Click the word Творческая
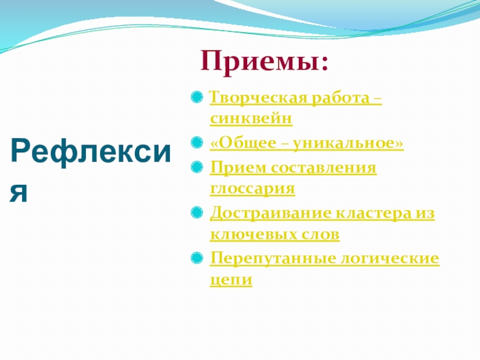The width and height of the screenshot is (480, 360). pos(259,98)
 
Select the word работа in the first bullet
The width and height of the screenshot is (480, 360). pos(340,98)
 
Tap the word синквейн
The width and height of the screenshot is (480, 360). pos(251,118)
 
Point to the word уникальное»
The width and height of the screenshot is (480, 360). pos(349,143)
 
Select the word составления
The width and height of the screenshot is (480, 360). pos(323,168)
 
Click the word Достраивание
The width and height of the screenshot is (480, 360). pos(271,214)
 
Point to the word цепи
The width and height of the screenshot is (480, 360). pos(231,280)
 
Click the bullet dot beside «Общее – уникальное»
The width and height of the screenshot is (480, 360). pos(197,142)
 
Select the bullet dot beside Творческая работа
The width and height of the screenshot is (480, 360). pos(197,97)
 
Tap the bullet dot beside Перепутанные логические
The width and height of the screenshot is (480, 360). pos(197,258)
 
